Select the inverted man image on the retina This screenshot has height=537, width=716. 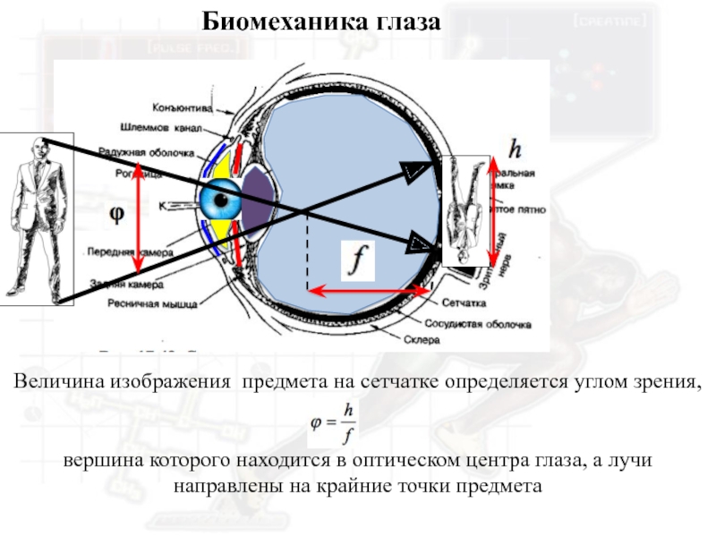click(466, 210)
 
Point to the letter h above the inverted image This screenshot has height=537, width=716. click(515, 147)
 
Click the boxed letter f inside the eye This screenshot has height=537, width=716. click(359, 260)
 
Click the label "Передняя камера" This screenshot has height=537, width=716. click(129, 253)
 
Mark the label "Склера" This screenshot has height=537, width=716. click(429, 341)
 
